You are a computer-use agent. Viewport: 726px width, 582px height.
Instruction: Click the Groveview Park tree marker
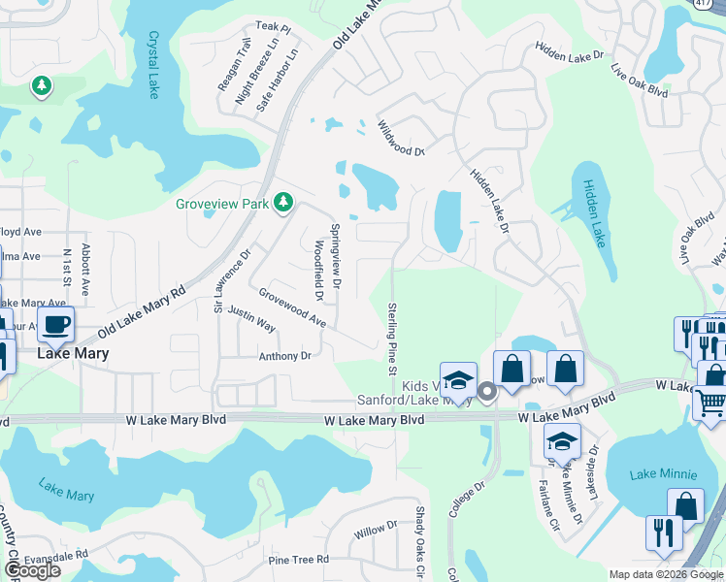283,203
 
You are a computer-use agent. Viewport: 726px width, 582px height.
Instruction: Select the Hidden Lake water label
593,213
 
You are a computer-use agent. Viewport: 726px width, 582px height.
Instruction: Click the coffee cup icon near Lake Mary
56,324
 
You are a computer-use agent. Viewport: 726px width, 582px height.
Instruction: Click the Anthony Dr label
284,356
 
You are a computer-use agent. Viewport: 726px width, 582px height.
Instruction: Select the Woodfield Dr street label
317,270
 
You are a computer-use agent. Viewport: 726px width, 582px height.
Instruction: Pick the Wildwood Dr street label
401,139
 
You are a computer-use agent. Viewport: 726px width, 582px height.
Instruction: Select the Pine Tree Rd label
299,560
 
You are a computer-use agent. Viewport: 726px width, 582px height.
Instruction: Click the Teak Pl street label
273,30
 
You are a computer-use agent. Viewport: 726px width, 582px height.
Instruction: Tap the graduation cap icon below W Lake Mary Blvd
562,440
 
